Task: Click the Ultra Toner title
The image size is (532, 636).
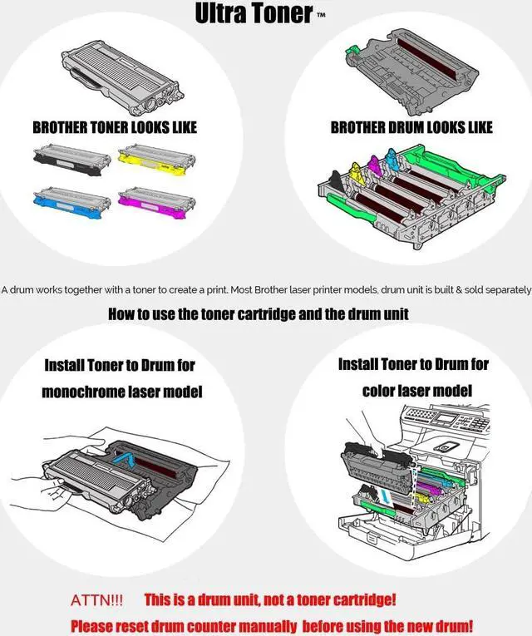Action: coord(254,13)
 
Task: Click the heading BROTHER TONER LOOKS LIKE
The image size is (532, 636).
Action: coord(115,128)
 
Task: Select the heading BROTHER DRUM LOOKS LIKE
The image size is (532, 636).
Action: coord(411,127)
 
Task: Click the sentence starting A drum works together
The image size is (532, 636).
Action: coord(265,289)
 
